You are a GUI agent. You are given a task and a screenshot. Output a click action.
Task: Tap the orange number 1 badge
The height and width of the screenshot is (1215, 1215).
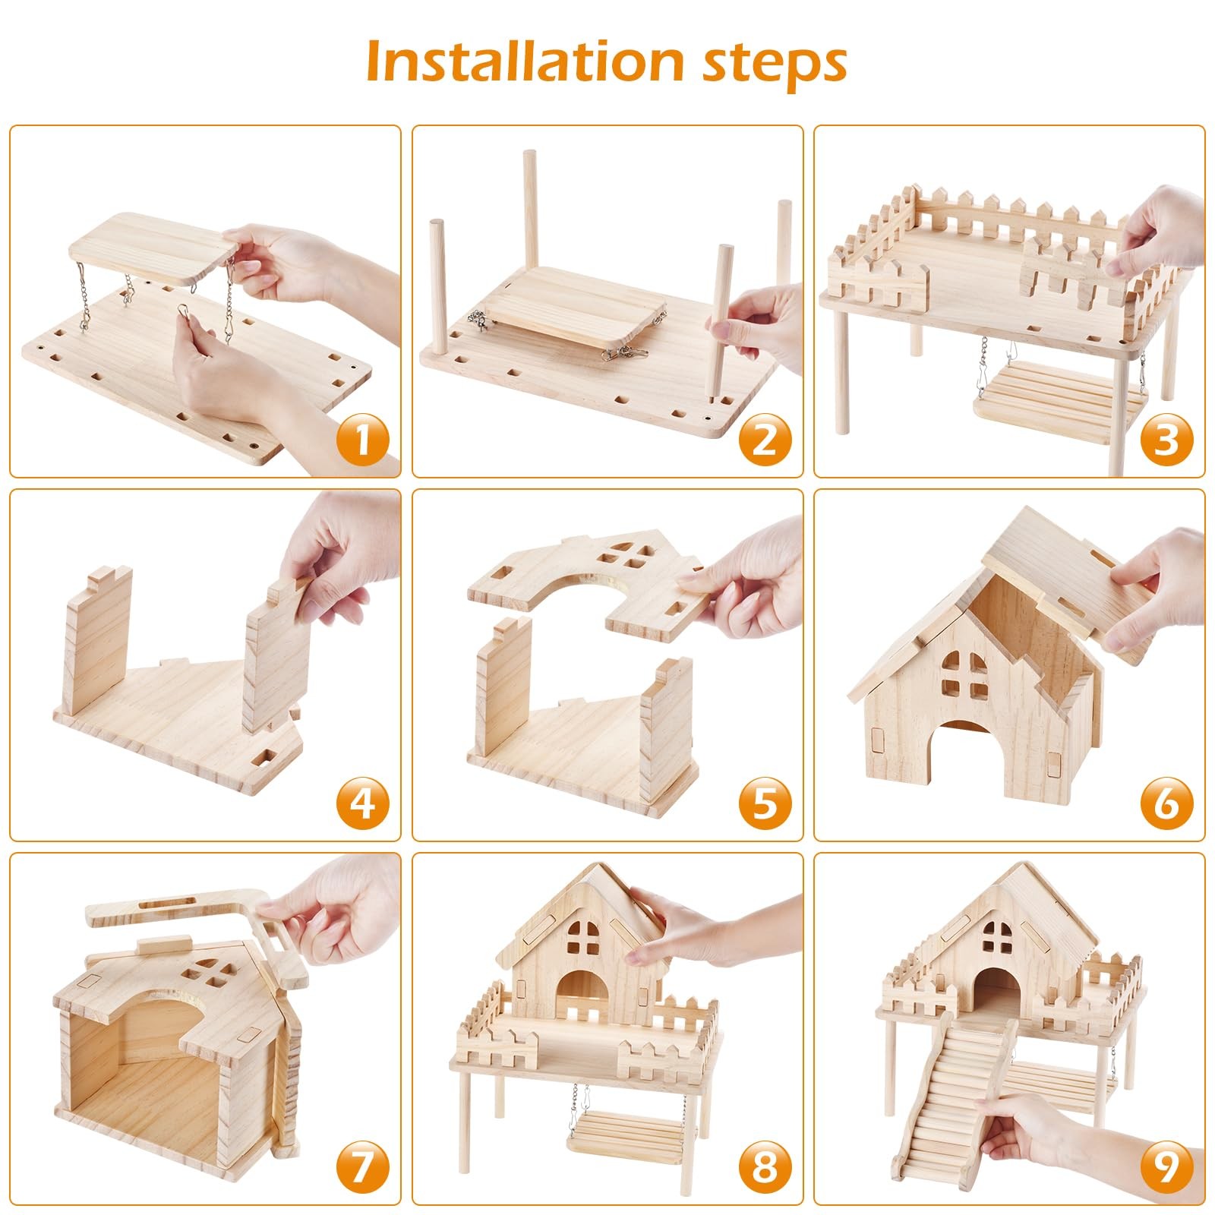click(362, 440)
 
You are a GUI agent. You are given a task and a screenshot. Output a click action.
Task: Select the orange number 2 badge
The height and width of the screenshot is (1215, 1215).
click(765, 440)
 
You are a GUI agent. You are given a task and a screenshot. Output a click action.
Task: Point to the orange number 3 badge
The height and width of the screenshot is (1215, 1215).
click(1166, 440)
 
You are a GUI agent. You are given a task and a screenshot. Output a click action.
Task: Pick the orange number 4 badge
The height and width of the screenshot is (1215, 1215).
click(362, 803)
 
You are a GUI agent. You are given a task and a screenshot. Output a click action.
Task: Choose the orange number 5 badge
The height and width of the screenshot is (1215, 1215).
click(765, 803)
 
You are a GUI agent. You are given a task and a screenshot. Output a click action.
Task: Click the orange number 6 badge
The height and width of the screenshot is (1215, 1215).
click(1166, 803)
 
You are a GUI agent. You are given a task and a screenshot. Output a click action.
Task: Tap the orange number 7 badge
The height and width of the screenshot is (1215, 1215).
click(362, 1167)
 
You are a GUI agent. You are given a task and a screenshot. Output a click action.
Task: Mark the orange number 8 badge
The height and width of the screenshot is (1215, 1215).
click(765, 1167)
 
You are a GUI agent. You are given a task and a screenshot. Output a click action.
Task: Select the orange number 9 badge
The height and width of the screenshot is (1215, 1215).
click(1166, 1167)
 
